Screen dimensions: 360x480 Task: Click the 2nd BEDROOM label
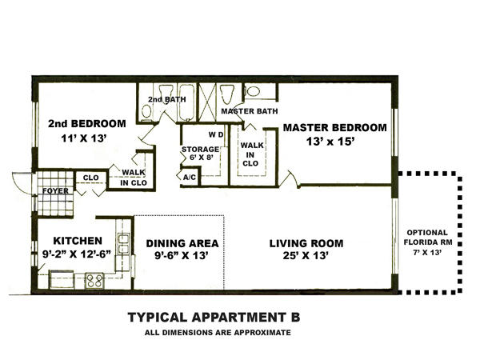point(86,124)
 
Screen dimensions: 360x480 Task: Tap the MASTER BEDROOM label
point(334,127)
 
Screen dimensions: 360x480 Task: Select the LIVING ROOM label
point(306,243)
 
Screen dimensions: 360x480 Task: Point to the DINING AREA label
point(182,243)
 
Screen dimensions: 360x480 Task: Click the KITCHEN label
point(78,240)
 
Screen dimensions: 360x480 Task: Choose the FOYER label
point(55,191)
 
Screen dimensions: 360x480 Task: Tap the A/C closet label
point(190,178)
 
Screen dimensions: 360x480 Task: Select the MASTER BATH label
point(249,110)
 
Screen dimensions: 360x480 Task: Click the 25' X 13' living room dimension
point(306,256)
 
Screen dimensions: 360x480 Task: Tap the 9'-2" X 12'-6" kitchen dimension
point(78,254)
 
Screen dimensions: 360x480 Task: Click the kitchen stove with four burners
point(94,280)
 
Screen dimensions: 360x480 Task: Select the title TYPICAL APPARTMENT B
point(214,317)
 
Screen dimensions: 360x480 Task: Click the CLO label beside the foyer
point(90,178)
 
